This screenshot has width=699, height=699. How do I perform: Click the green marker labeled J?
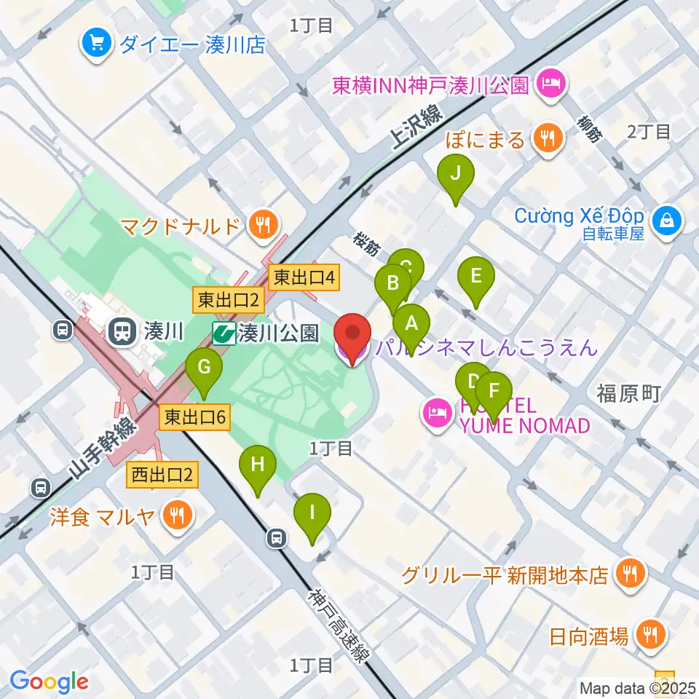point(456,174)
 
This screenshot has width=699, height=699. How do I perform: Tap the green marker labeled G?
point(203,367)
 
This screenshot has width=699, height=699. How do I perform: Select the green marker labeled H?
point(258,464)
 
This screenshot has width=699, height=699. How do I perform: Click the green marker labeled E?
point(476,277)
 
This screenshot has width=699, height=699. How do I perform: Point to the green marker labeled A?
point(411,323)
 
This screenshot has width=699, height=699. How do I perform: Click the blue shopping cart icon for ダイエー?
point(95,42)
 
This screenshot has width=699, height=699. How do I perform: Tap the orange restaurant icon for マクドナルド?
point(261,224)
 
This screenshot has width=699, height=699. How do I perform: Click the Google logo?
point(49,682)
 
